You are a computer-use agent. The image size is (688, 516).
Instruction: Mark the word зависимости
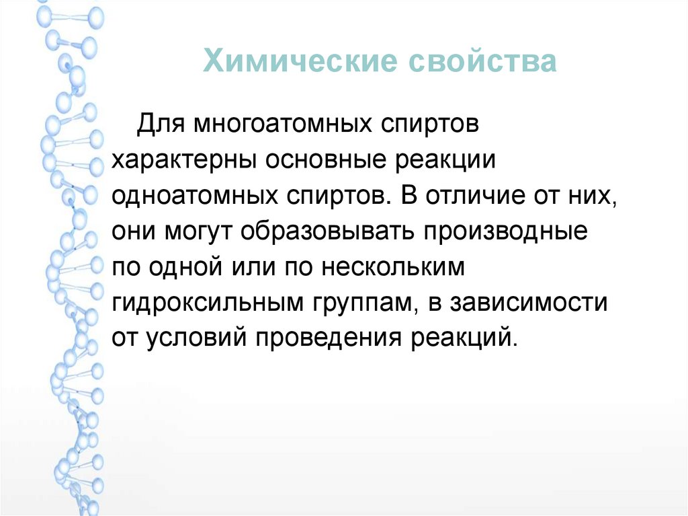click(x=531, y=303)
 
